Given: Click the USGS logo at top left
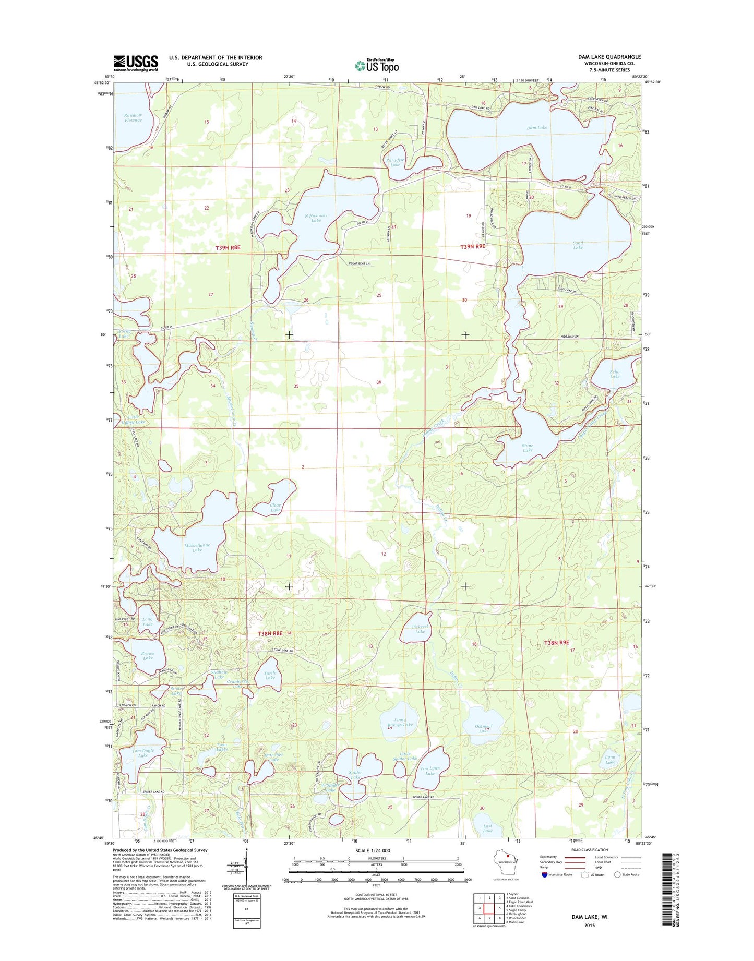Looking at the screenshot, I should [136, 63].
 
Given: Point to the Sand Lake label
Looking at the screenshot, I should [578, 245].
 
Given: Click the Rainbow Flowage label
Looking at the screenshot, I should [133, 117].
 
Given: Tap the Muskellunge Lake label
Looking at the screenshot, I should [197, 547].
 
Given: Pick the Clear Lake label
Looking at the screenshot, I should [275, 507].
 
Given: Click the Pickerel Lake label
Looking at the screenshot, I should [420, 629].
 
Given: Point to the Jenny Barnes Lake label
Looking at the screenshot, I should [400, 722].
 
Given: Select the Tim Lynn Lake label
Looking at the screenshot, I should [430, 771].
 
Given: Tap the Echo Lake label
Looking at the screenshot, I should [615, 374].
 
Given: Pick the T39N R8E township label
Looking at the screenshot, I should [228, 248].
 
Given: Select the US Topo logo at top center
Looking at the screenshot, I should [377, 65].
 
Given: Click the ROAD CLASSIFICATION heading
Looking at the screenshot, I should [589, 850].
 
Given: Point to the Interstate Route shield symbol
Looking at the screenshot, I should [545, 875].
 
